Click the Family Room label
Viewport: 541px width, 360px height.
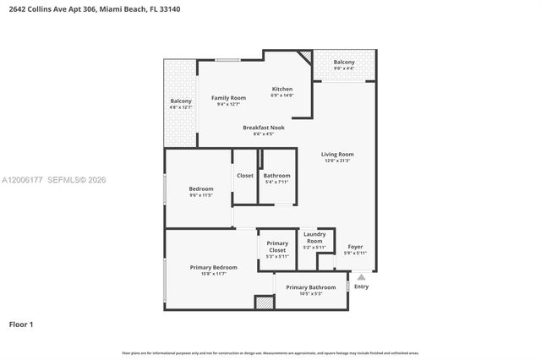[228, 98]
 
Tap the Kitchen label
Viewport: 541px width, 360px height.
[281, 89]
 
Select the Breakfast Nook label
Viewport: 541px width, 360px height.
[263, 128]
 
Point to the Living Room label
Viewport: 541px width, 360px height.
[337, 155]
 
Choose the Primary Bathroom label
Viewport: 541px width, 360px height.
[310, 287]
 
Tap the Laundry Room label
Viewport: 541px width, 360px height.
[314, 237]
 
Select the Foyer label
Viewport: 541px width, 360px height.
[355, 247]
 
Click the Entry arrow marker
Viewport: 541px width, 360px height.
[361, 275]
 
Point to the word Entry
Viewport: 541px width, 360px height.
[361, 286]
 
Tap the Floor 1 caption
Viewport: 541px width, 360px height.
[21, 324]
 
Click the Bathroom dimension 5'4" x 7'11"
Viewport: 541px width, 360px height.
[276, 182]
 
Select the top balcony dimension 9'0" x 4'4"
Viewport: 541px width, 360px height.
[344, 69]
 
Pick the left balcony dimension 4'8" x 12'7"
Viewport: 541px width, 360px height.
[181, 107]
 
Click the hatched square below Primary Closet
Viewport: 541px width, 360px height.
[265, 302]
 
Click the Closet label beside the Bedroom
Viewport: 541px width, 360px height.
[245, 176]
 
